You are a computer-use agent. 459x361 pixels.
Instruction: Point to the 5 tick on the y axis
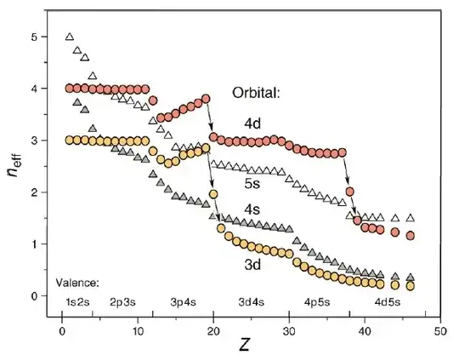[33, 37]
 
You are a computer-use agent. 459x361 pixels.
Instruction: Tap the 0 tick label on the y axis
[33, 296]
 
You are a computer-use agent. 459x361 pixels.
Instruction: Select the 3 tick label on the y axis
[33, 141]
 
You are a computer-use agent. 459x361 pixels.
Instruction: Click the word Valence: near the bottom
[77, 282]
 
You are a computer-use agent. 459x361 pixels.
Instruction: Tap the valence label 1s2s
[78, 301]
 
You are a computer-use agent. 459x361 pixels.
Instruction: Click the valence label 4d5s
[392, 301]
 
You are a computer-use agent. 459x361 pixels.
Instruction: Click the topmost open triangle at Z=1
[70, 37]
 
